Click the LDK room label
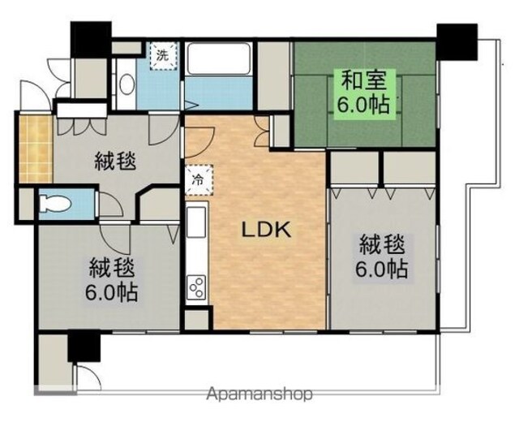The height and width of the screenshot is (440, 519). pos(267,230)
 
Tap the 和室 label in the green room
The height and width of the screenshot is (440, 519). pos(363,80)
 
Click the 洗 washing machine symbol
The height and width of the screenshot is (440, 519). pos(162,55)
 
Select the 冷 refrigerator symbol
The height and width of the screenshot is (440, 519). pos(199,180)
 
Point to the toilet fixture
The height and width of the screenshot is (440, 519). pos(55,204)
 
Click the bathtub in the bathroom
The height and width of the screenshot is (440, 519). pos(218,59)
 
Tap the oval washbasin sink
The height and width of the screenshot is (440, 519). pos(127,84)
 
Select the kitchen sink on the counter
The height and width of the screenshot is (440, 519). pos(196,222)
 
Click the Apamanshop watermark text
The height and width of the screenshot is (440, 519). pos(259,394)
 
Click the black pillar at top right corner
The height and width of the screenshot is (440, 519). pos(457,41)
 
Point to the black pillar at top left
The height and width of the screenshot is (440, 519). pos(91,39)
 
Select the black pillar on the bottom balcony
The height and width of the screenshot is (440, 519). pos(84,347)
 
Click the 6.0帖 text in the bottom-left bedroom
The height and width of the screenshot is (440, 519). pos(111,292)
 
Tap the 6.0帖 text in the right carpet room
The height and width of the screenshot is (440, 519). pos(381,269)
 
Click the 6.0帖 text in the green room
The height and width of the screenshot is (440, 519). pos(362,105)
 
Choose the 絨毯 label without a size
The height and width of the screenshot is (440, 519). pos(115,162)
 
